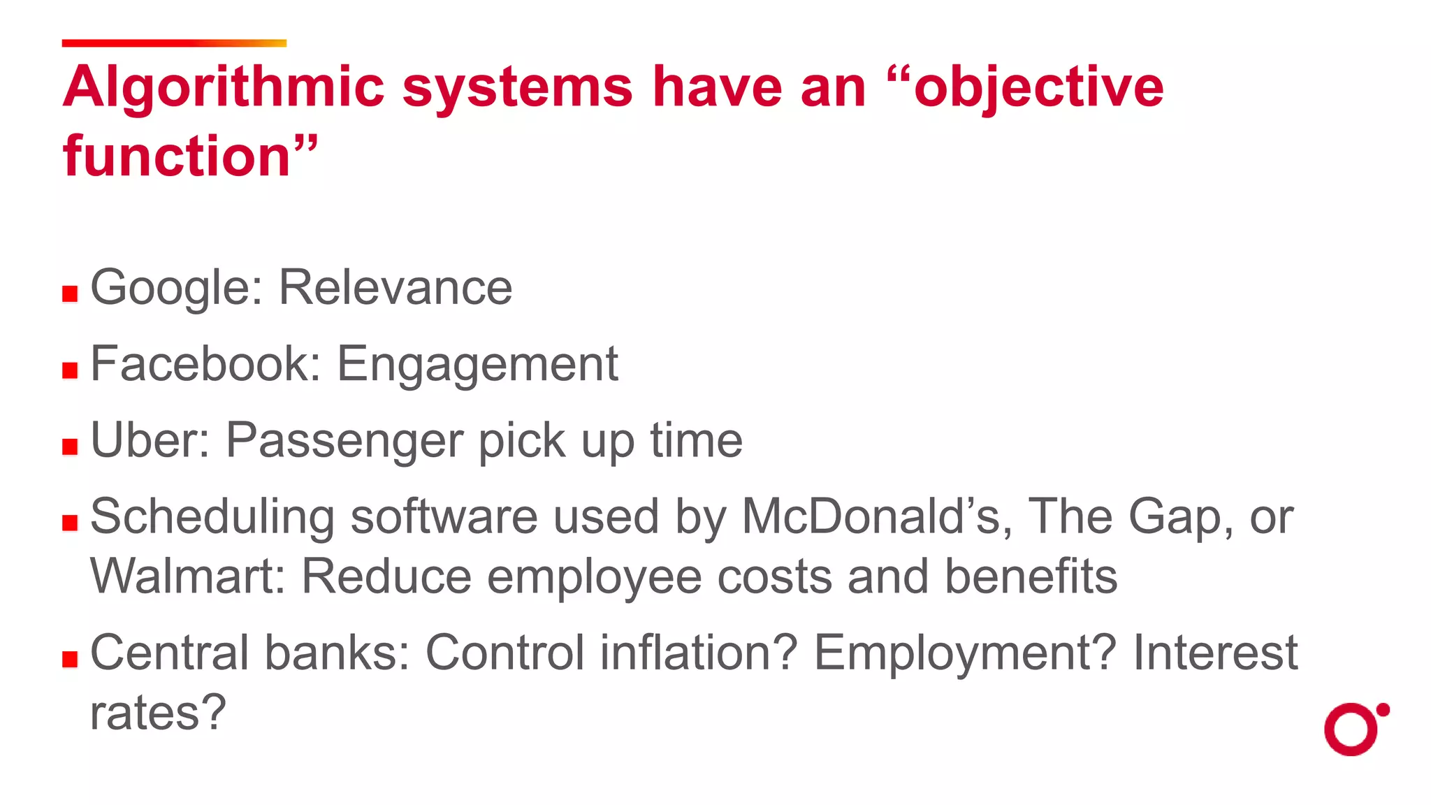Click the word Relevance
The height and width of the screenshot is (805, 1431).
[x=395, y=288]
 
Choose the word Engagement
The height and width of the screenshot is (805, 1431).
[x=477, y=364]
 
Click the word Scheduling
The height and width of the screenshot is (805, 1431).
[x=212, y=517]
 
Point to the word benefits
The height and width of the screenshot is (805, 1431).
[x=1031, y=577]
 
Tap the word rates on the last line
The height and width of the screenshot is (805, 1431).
[x=158, y=713]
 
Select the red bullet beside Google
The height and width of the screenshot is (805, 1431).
[x=70, y=293]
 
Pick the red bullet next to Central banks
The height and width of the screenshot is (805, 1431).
[x=70, y=659]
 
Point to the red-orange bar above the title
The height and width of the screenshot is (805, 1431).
[x=174, y=43]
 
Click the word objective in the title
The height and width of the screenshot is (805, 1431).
[x=1038, y=87]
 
